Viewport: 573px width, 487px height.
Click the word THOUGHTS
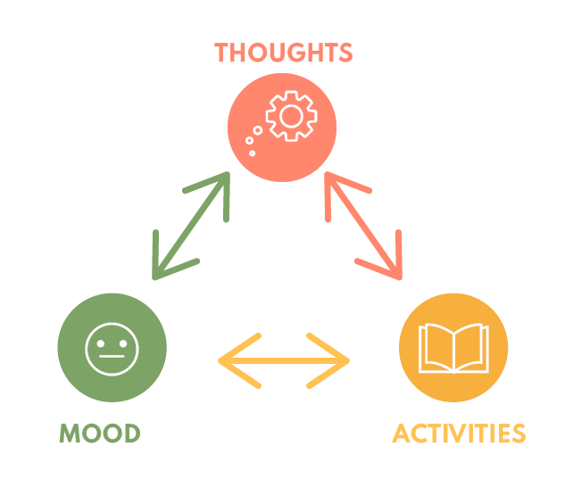click(283, 53)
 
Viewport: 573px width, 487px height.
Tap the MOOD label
click(100, 433)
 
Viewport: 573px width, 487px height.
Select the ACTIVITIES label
click(459, 433)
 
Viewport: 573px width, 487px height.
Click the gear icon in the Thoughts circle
click(291, 116)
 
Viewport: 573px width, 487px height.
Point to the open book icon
click(453, 348)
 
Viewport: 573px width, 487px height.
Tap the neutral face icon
click(112, 349)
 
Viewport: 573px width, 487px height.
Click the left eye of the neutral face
click(101, 343)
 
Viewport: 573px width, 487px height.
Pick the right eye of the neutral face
click(123, 343)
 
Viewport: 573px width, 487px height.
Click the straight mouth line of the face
click(112, 356)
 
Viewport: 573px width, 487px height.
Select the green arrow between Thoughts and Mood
click(191, 226)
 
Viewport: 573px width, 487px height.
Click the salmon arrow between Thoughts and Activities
click(363, 226)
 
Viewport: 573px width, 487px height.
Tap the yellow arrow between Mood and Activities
click(284, 360)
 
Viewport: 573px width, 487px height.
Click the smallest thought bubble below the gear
click(253, 153)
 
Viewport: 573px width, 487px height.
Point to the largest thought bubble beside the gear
click(258, 130)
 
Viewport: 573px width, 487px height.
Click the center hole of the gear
click(291, 116)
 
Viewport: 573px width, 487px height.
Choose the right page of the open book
click(470, 347)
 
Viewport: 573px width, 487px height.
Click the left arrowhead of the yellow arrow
click(239, 360)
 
